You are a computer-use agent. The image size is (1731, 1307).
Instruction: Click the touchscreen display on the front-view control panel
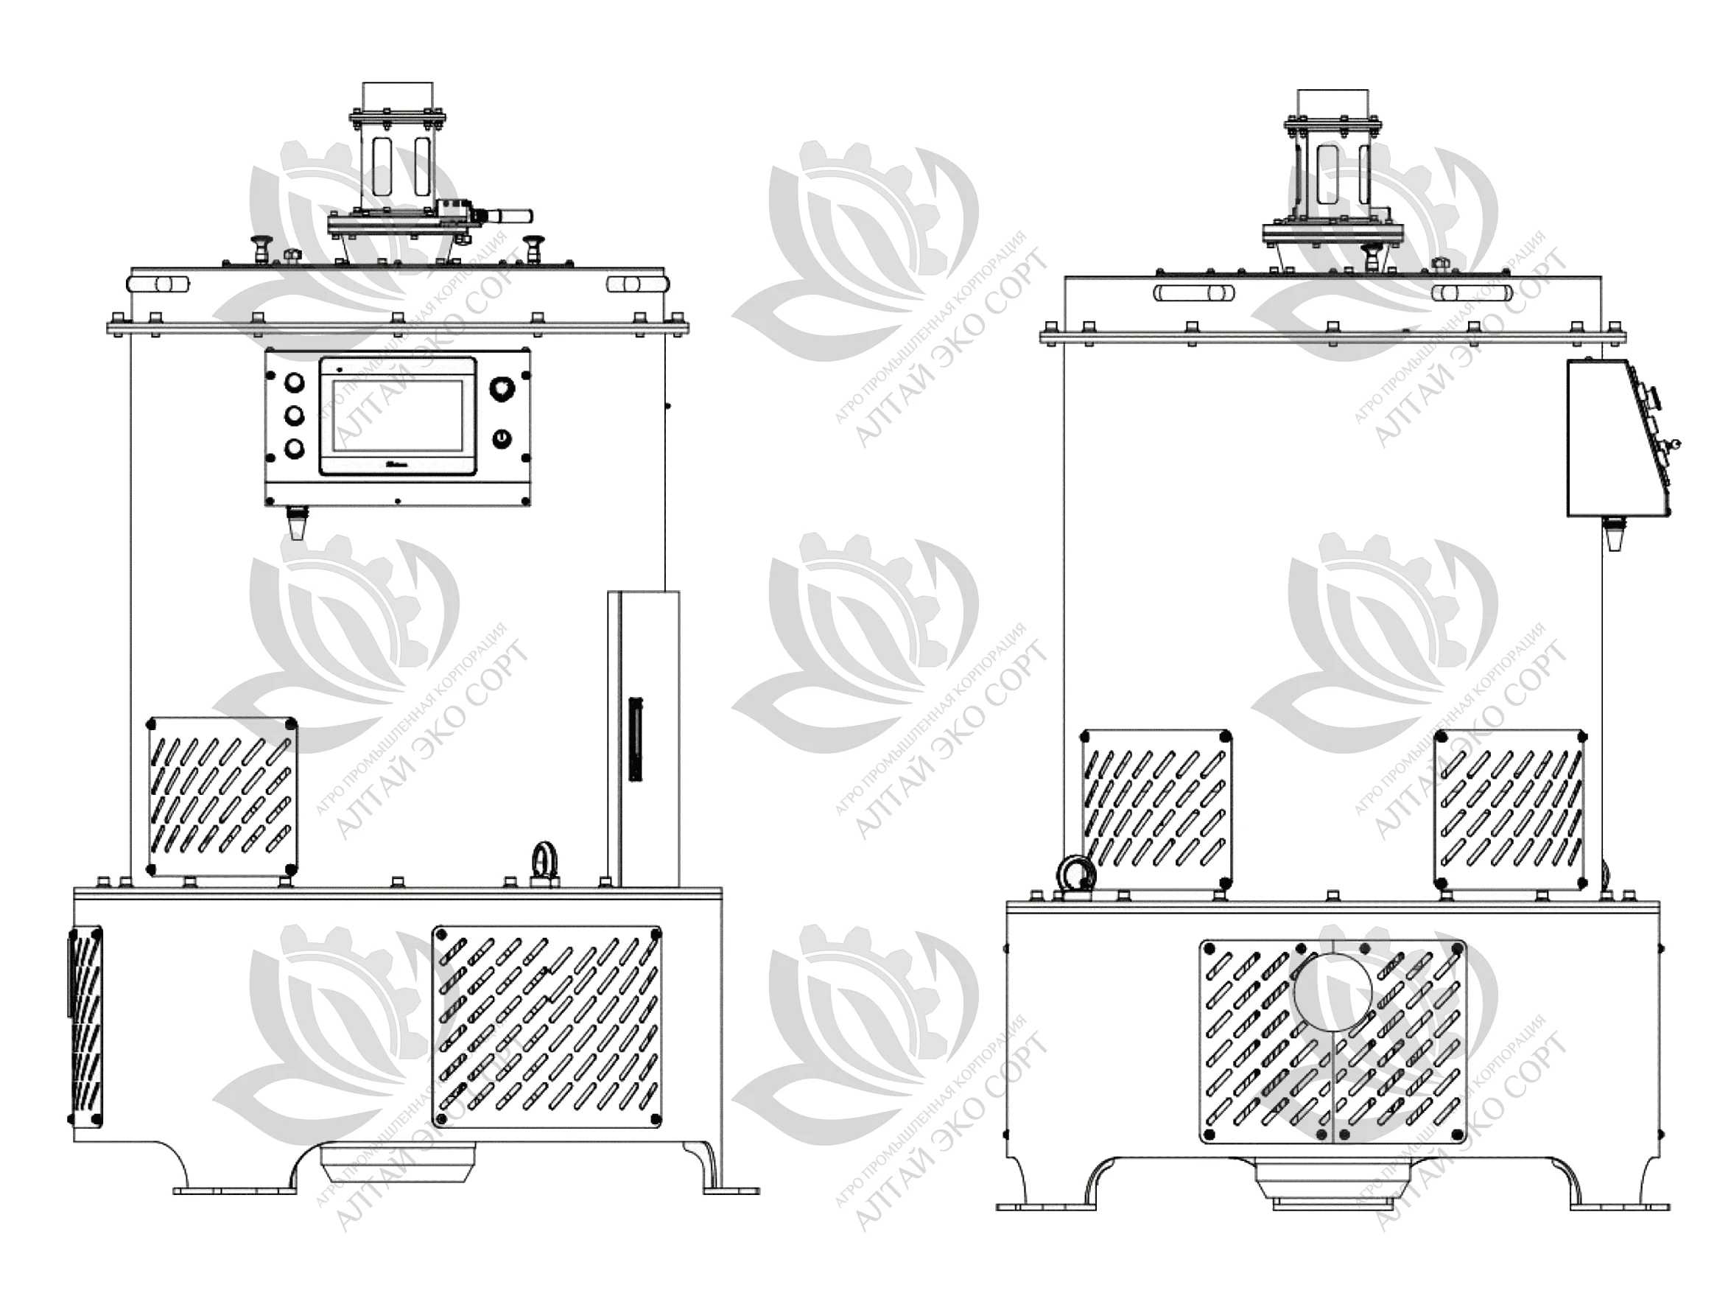click(x=398, y=416)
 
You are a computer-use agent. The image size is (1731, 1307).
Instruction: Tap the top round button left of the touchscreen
click(x=295, y=382)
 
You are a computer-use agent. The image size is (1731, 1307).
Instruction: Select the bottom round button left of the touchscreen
click(x=295, y=448)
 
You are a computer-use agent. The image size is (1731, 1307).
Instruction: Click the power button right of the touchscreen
click(x=501, y=438)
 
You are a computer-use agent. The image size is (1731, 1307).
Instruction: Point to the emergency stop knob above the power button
click(x=501, y=388)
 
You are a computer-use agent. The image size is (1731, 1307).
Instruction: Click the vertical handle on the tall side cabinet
click(x=635, y=738)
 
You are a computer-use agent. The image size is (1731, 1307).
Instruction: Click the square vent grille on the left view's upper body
click(x=222, y=796)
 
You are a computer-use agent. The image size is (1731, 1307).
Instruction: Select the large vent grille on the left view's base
click(x=548, y=1027)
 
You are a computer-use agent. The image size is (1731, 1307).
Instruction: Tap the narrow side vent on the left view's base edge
click(x=85, y=1027)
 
